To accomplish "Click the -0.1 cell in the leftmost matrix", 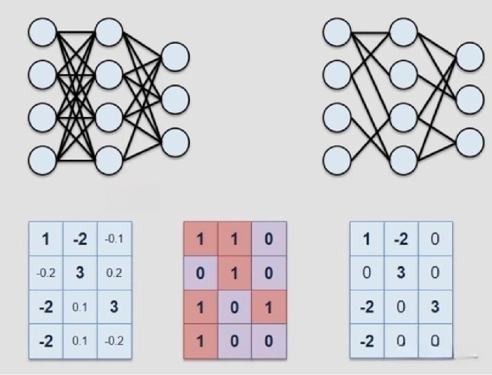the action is click(x=114, y=239).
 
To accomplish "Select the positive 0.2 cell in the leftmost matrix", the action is click(x=114, y=273).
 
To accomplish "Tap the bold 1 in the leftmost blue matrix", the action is click(x=46, y=239).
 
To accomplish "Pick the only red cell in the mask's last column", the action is click(x=269, y=307).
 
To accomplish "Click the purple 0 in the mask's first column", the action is click(x=201, y=273).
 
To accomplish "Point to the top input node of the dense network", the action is click(x=42, y=32).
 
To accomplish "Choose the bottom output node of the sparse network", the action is click(x=470, y=142).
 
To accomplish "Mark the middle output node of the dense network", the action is click(x=176, y=99).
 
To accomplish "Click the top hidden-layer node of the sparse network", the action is click(x=403, y=32).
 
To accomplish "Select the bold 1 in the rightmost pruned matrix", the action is click(x=367, y=239).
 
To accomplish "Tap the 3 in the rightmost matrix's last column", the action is click(x=435, y=307).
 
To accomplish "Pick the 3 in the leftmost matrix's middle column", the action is click(x=80, y=273).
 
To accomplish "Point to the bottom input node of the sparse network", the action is click(x=337, y=160).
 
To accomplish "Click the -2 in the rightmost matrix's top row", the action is click(x=401, y=239).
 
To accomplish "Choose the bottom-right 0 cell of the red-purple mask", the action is click(x=269, y=341).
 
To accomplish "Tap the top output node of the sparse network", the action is click(x=470, y=56).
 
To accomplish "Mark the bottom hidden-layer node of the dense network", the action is click(x=109, y=160).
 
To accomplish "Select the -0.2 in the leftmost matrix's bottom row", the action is click(x=114, y=341).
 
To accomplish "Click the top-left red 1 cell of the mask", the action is click(x=201, y=239).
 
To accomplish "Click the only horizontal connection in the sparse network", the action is click(x=370, y=32).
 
